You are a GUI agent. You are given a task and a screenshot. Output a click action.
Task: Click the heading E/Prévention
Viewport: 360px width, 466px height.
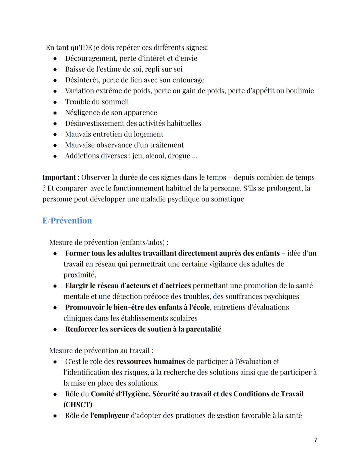67,221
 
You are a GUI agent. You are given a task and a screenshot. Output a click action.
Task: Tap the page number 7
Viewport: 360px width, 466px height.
316,440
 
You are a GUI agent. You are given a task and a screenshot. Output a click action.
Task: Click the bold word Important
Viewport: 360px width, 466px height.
59,177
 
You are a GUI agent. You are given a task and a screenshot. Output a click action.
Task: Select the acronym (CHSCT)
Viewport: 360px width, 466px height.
78,405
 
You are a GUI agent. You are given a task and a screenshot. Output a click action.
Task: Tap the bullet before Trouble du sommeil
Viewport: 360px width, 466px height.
55,102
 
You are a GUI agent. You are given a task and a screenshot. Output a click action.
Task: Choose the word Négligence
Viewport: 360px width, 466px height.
82,113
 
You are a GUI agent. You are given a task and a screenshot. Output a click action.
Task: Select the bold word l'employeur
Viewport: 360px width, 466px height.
109,416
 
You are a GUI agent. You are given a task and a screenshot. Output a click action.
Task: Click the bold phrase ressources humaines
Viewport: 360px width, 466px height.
151,362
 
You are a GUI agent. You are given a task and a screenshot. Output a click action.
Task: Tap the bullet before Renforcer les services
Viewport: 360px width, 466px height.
55,330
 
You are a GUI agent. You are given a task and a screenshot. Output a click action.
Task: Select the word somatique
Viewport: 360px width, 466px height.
227,199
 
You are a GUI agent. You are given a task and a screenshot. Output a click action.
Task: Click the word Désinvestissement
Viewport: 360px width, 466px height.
95,123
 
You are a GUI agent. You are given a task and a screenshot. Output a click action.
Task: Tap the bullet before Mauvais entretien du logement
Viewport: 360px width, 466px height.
55,134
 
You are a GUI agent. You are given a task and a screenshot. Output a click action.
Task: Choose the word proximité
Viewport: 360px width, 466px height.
79,275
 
